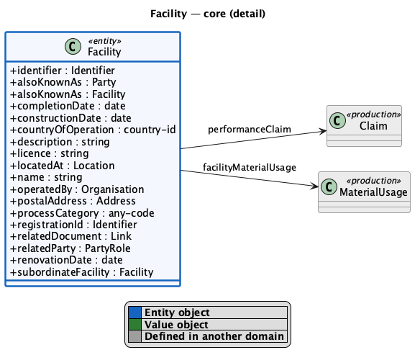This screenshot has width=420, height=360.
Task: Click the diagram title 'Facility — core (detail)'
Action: pos(208,14)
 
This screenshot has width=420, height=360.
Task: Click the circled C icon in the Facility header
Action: pos(73,46)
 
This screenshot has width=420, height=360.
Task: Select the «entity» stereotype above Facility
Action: pos(104,41)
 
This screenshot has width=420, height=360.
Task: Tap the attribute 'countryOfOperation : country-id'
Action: pos(93,130)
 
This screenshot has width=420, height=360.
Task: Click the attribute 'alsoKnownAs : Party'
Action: pos(63,82)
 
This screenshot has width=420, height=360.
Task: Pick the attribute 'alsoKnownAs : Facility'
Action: pos(68,94)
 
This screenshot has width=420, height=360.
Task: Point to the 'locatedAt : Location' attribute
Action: pos(63,166)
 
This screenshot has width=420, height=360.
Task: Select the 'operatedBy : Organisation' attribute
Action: pos(77,189)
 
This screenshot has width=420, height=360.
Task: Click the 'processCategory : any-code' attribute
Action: pos(82,213)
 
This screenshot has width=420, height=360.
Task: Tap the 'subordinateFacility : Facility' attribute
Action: pos(82,272)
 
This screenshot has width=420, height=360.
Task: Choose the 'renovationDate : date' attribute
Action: pos(66,260)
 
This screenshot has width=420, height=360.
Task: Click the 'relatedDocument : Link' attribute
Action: pos(70,236)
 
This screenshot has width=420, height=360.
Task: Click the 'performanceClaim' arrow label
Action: pos(250,130)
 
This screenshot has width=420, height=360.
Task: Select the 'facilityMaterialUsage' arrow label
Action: pos(250,167)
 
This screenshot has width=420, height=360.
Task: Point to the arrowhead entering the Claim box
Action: pos(323,131)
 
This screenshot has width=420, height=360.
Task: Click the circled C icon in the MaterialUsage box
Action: pos(329,186)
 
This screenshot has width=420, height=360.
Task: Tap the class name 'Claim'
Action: pos(373,126)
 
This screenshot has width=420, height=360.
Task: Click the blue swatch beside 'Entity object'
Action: pos(134,312)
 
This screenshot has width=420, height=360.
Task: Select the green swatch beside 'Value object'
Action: pos(134,324)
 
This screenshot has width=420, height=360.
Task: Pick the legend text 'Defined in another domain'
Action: pos(214,336)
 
